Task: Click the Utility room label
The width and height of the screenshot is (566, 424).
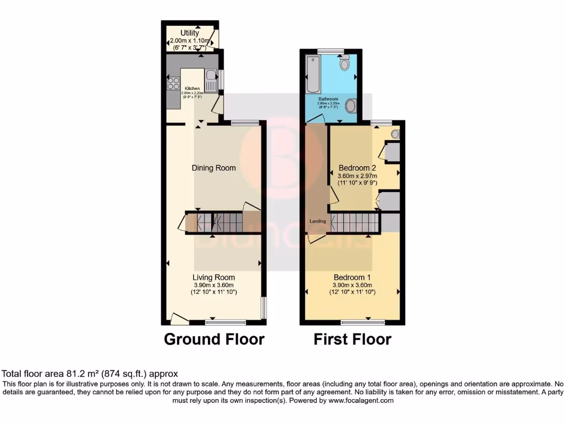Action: click(x=190, y=33)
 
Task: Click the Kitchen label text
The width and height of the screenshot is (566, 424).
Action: click(x=192, y=88)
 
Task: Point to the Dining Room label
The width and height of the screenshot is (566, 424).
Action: click(x=213, y=168)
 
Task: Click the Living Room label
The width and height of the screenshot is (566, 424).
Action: click(x=213, y=277)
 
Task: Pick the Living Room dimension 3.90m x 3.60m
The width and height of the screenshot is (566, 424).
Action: click(x=213, y=285)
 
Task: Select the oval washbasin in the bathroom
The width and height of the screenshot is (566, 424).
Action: click(x=350, y=105)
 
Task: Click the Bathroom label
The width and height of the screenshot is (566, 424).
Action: click(x=328, y=99)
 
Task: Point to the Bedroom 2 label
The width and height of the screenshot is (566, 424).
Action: click(x=357, y=168)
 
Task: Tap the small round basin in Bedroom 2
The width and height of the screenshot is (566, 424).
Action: click(x=395, y=134)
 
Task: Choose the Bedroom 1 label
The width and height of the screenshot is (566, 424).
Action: click(x=352, y=277)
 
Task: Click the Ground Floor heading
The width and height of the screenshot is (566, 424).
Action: click(x=214, y=339)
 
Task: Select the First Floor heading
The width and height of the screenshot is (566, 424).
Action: click(x=352, y=339)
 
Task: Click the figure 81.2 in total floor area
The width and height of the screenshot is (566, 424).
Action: click(x=70, y=374)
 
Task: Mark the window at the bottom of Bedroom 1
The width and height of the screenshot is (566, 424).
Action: click(x=355, y=321)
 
